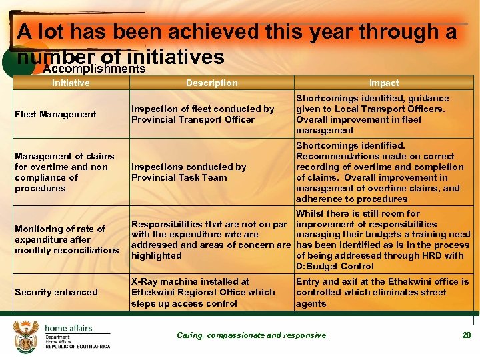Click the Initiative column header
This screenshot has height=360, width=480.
coord(71,83)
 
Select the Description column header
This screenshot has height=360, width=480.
coord(211,83)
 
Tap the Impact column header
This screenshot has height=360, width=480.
coord(384,83)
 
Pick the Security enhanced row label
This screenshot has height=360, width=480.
coord(56,292)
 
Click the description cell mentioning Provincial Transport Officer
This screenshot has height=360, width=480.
coord(203,114)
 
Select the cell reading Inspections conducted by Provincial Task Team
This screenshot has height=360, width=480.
coord(189,172)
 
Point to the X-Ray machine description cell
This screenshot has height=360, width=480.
coord(203,292)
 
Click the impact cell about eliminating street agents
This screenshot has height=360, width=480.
coord(382,292)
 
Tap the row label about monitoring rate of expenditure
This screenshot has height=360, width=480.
coord(66,239)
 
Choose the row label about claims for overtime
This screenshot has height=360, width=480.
coord(61,172)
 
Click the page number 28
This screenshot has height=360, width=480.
coord(467,335)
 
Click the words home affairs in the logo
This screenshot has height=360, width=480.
coord(69,328)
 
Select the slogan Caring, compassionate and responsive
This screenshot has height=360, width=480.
coord(251,335)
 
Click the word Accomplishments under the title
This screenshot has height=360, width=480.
coord(94,69)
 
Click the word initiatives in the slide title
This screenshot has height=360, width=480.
coord(179,57)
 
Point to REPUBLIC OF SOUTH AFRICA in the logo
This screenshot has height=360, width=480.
coord(77,347)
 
